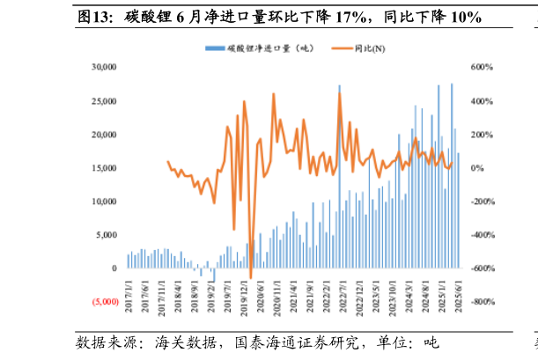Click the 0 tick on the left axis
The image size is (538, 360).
(x=114, y=268)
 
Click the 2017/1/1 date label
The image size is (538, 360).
(x=129, y=291)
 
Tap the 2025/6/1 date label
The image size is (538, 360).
(x=458, y=291)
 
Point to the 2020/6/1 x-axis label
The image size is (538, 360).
(x=262, y=291)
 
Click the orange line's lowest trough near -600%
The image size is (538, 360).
(x=250, y=279)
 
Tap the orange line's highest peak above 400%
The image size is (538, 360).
(x=340, y=93)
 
